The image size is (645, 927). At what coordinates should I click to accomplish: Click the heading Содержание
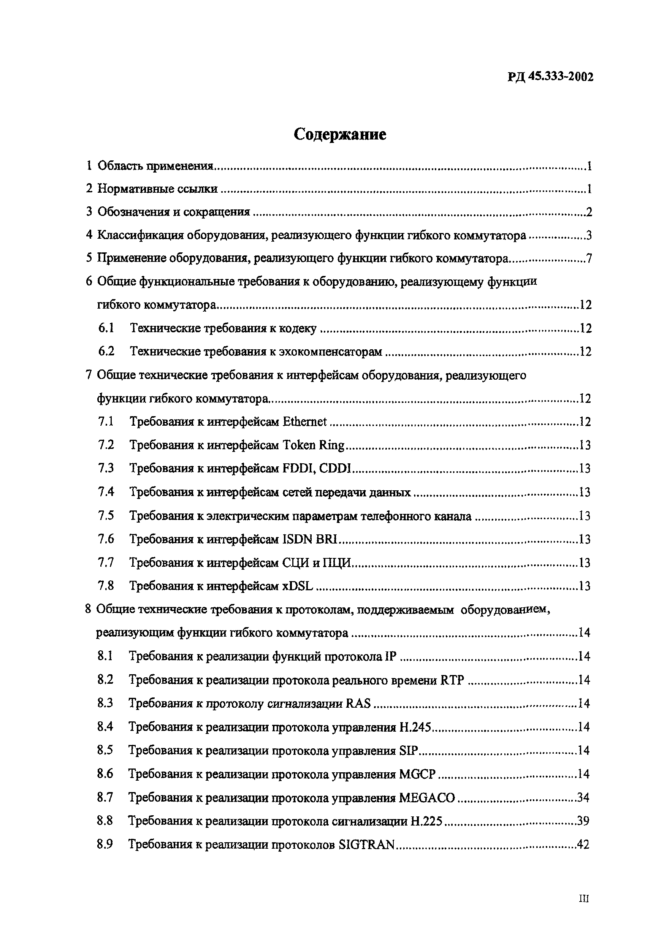tap(339, 135)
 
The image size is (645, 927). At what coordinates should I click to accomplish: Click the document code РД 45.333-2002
tap(550, 77)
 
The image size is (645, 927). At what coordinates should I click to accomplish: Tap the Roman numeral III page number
tap(584, 898)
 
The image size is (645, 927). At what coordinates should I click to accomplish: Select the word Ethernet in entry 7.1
tap(304, 422)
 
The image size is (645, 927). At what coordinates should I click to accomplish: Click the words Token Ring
tap(313, 445)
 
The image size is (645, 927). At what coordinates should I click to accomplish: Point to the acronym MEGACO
tap(426, 797)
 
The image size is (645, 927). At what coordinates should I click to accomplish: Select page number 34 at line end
tap(583, 797)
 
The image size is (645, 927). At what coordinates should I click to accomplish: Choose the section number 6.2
tap(106, 351)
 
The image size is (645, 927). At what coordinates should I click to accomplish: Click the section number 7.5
tap(106, 516)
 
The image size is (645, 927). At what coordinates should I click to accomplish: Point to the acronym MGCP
tap(417, 774)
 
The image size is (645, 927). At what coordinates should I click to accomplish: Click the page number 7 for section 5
tap(589, 258)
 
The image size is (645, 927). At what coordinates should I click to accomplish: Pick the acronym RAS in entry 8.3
tap(358, 704)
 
